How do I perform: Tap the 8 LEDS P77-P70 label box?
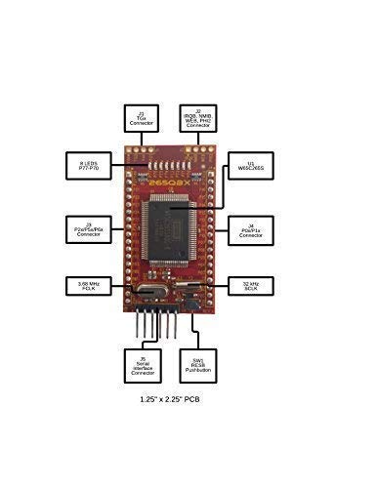click(x=88, y=163)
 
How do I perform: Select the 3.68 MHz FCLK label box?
click(x=88, y=285)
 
